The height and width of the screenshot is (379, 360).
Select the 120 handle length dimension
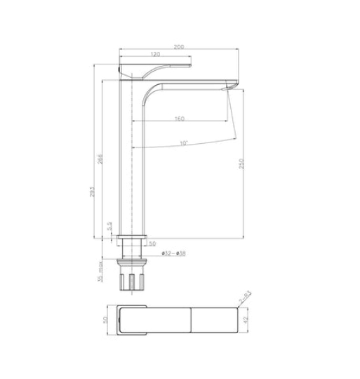tap(155, 54)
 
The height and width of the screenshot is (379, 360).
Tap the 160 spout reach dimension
tap(180, 119)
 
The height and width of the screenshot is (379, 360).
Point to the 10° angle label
tap(183, 143)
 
